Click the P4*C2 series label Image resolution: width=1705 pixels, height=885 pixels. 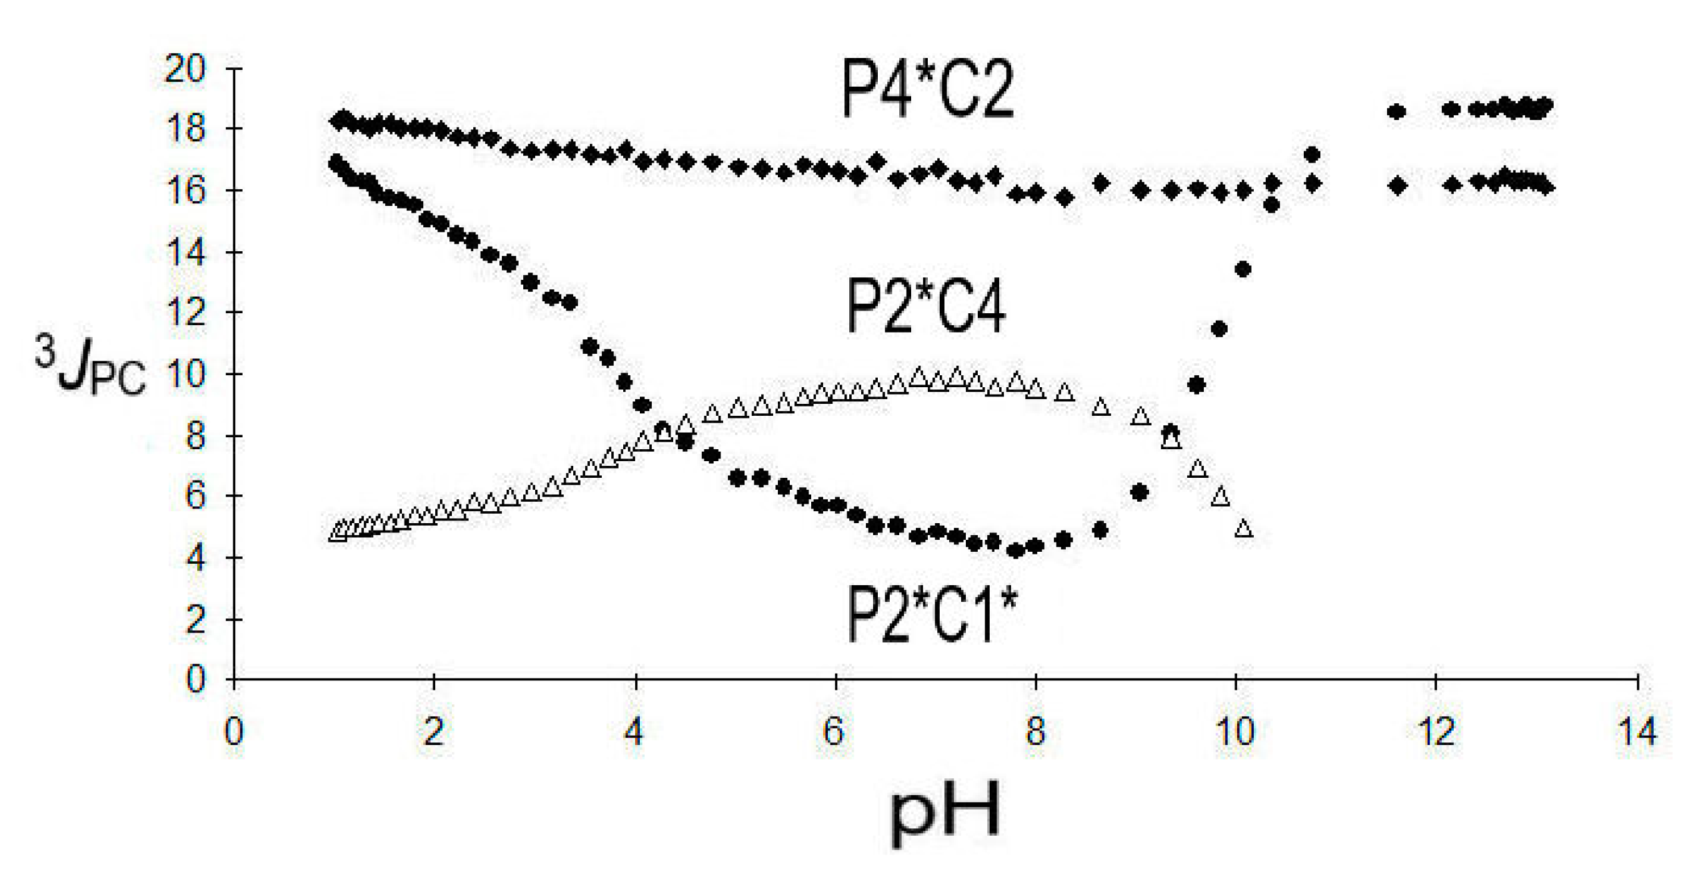927,89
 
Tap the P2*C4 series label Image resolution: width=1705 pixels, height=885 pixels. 926,306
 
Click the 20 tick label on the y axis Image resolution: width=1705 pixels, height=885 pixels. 185,69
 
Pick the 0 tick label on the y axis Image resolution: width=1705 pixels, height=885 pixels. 195,680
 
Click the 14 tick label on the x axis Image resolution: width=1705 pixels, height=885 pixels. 1637,732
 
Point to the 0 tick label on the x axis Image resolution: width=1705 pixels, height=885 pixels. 233,732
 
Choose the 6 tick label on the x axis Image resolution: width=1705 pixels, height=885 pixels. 834,732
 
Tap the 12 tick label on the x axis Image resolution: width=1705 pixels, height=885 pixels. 1436,732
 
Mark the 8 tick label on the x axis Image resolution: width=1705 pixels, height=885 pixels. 1034,732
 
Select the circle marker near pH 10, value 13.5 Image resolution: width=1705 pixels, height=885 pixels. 1242,269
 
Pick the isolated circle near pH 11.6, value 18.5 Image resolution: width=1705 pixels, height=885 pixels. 1396,112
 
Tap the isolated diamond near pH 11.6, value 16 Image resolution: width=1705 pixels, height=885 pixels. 1398,185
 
